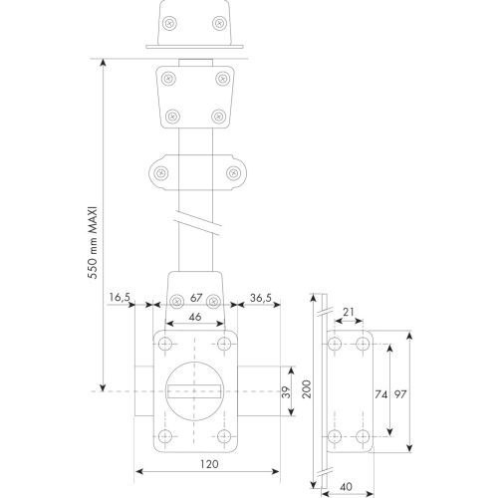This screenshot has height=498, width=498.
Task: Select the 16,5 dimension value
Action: (x=122, y=296)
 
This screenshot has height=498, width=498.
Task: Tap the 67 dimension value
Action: (x=195, y=296)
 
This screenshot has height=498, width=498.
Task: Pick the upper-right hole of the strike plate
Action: (x=364, y=343)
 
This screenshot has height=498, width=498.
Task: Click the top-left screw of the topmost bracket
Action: (x=173, y=21)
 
